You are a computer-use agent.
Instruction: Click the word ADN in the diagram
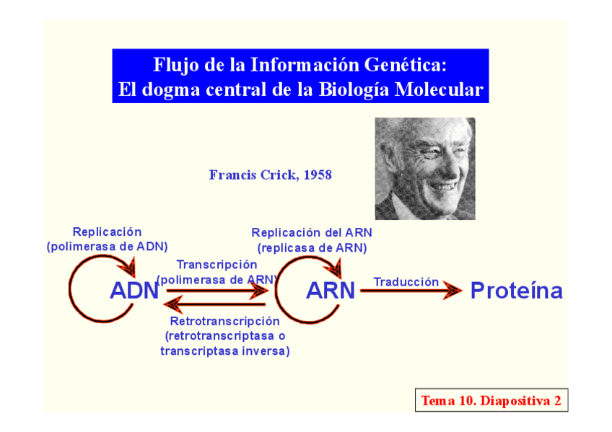point(134,291)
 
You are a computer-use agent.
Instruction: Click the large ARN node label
point(331,291)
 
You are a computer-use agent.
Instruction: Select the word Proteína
point(517,291)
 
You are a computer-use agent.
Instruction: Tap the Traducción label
point(406,282)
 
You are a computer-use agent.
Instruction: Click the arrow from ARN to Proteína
point(411,291)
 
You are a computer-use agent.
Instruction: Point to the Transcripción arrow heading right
point(217,291)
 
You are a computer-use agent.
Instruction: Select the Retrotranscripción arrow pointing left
point(215,304)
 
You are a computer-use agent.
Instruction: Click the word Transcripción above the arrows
point(217,265)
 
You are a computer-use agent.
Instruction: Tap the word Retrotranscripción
point(225,321)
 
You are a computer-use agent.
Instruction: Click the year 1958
point(318,175)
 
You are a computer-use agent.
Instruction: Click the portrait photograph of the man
point(425,169)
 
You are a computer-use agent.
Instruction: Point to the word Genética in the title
point(405,65)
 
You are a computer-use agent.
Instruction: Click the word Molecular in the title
point(439,89)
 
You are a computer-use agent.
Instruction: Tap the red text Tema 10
point(448,401)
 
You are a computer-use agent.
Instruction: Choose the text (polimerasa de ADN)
point(108,247)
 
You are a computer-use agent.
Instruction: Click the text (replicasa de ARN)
point(312,248)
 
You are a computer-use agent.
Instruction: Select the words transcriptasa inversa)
point(225,351)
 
